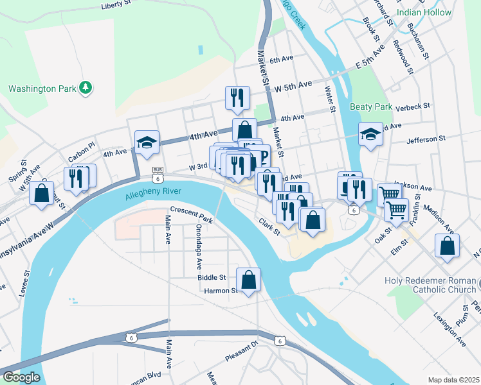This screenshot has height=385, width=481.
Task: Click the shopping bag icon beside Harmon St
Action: tap(248, 280)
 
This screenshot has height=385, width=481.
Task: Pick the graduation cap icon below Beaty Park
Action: tap(370, 134)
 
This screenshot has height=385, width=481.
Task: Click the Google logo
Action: tap(21, 377)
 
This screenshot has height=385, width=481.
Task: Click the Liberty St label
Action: tap(120, 6)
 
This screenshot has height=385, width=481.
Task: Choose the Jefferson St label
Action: tap(426, 139)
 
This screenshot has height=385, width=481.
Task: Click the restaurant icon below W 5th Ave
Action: tap(237, 98)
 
